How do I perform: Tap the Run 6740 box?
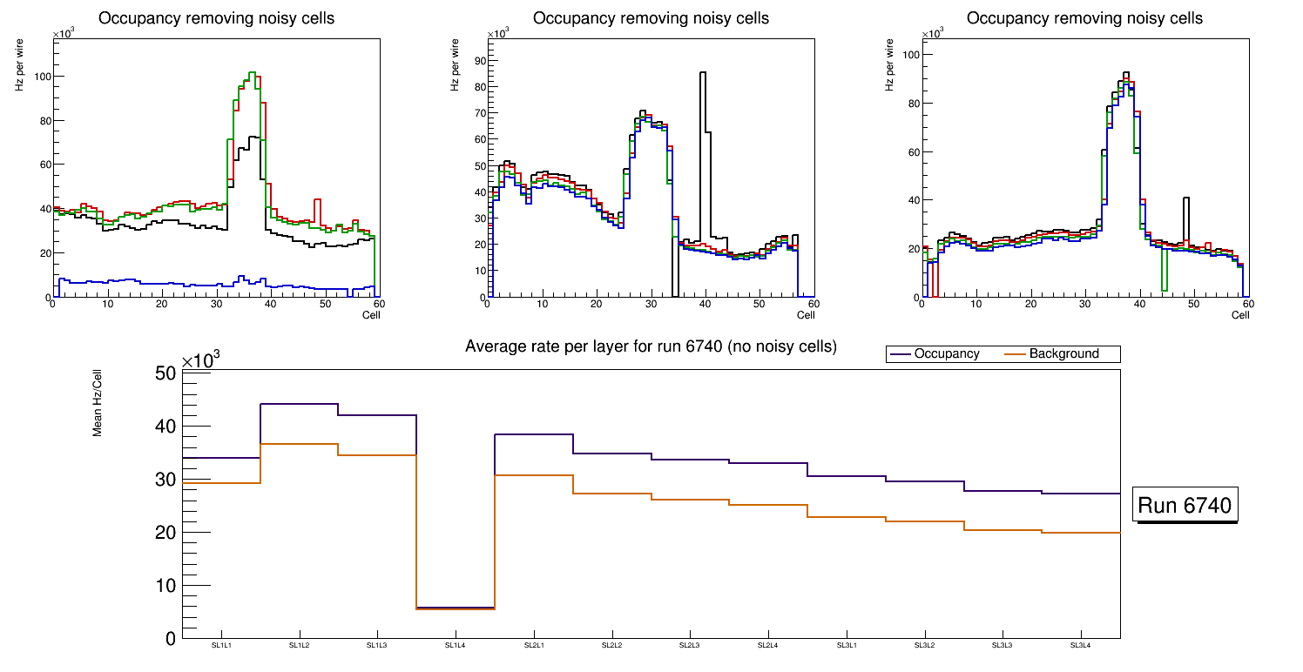[x=1185, y=506]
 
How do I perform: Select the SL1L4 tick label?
[x=455, y=645]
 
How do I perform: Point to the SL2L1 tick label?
[x=533, y=645]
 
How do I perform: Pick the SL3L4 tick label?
[x=1080, y=645]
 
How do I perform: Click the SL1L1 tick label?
[x=220, y=645]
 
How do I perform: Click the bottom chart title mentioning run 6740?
[x=651, y=346]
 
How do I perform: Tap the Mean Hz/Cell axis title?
[x=98, y=408]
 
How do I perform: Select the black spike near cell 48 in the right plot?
[x=1185, y=199]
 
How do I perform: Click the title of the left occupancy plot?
[x=216, y=18]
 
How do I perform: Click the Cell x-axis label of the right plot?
[x=1240, y=315]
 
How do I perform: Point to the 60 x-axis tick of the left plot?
[x=379, y=304]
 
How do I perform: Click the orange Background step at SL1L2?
[x=299, y=444]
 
